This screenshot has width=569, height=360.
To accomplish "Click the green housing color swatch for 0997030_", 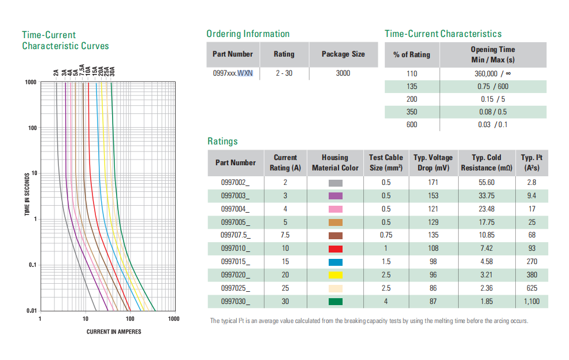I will pos(335,302).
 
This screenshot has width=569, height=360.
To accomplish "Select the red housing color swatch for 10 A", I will pos(335,248).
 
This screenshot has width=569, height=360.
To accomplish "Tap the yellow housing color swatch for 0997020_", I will pos(335,275).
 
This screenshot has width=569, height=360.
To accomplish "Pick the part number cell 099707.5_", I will pos(235,235).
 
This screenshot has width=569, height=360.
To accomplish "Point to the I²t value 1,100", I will pos(531,302).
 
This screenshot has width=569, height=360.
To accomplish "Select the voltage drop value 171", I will pos(433,182).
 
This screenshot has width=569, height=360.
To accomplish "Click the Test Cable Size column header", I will pos(385,162).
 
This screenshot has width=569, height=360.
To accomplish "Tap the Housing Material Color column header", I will pos(335,162).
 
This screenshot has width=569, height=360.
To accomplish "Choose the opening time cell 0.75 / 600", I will pos(493,87).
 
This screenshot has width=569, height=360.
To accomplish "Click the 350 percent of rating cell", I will pos(411,112).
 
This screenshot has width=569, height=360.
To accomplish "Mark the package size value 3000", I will pos(343,73).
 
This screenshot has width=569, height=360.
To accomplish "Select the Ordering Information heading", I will pos(248,34).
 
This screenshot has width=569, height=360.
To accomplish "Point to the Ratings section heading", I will pos(222,141).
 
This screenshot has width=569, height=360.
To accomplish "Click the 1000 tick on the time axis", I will pos(31,82).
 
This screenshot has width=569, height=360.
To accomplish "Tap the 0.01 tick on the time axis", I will pos(31,311).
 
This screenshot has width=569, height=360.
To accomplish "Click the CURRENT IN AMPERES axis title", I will pos(114,332).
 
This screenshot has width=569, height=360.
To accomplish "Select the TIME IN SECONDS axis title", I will pos(27,194).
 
